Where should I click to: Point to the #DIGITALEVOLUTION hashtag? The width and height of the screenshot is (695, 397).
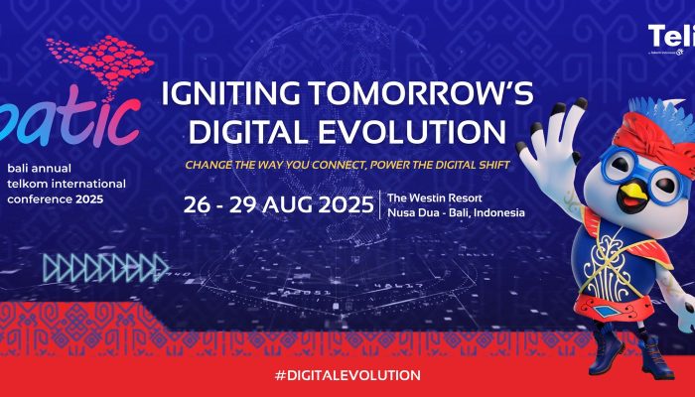click(347, 375)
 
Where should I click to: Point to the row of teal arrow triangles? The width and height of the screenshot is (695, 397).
click(103, 267)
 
